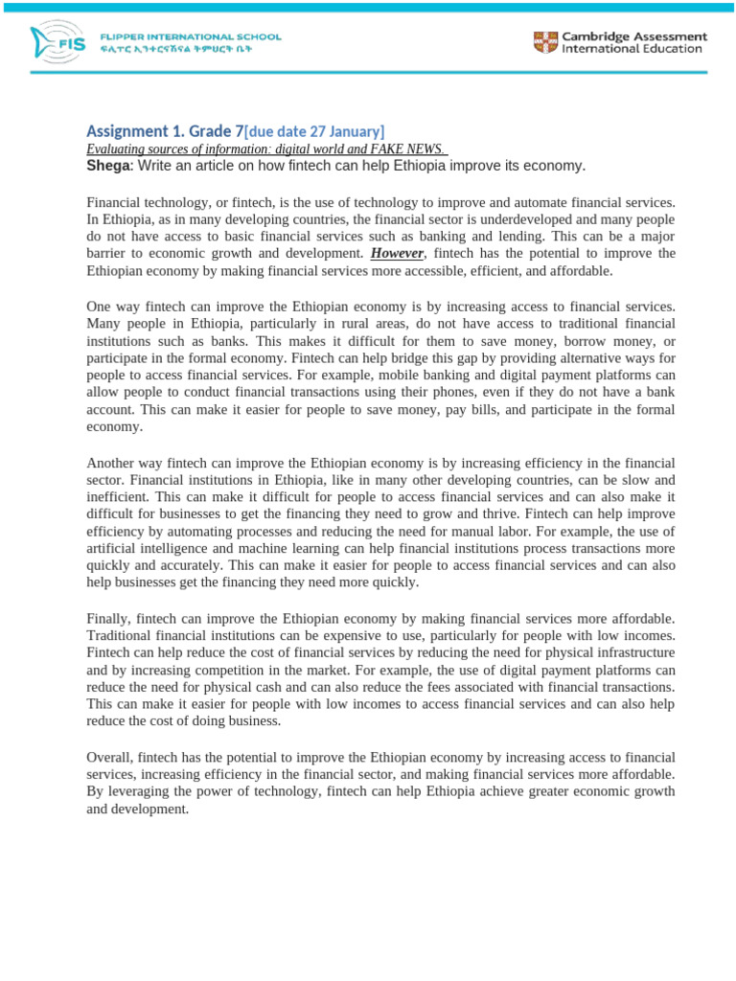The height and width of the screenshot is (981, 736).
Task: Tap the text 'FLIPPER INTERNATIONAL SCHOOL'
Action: pos(191,37)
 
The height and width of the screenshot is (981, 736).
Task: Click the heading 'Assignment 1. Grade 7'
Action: pos(165,130)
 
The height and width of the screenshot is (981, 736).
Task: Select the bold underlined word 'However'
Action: pos(396,254)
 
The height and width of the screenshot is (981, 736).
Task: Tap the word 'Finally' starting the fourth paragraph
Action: pos(108,619)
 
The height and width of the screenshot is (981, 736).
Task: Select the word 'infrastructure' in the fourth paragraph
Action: pos(632,653)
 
